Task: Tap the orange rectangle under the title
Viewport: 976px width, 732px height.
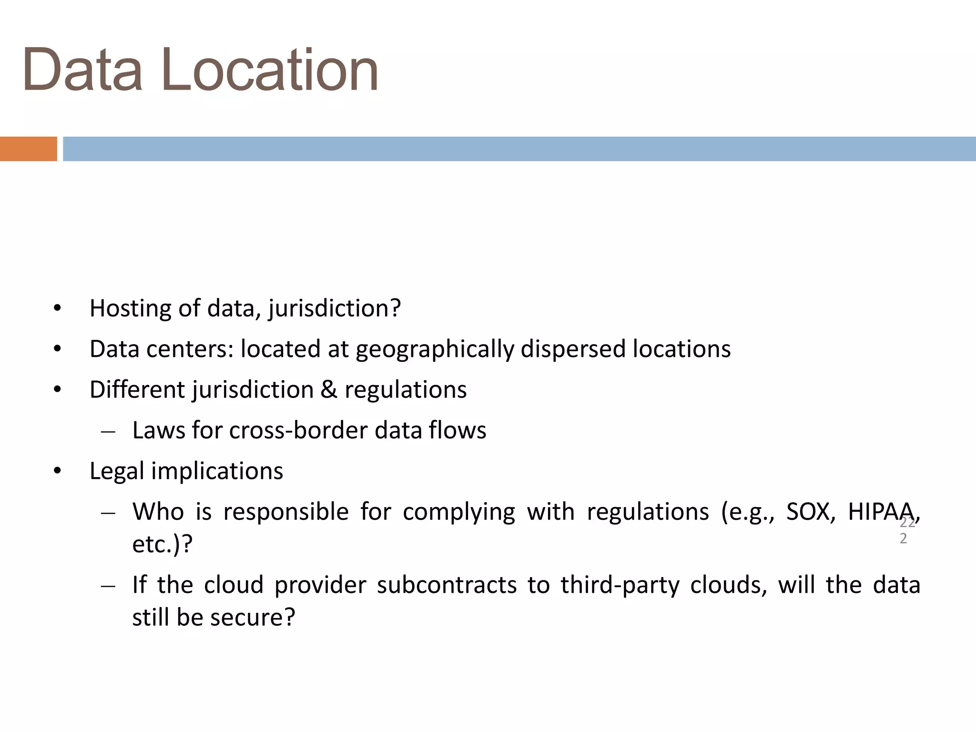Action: [x=28, y=149]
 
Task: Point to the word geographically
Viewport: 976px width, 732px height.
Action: [x=435, y=349]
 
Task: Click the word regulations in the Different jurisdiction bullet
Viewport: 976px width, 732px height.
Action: [x=406, y=390]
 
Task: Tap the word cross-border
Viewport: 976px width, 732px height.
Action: [x=299, y=430]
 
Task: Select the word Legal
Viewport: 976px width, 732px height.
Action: [x=117, y=471]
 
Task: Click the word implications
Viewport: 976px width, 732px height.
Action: [x=217, y=471]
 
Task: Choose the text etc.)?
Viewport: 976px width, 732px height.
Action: [x=162, y=544]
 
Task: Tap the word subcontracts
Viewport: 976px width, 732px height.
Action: [x=447, y=585]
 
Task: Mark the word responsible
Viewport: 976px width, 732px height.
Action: [x=286, y=512]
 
